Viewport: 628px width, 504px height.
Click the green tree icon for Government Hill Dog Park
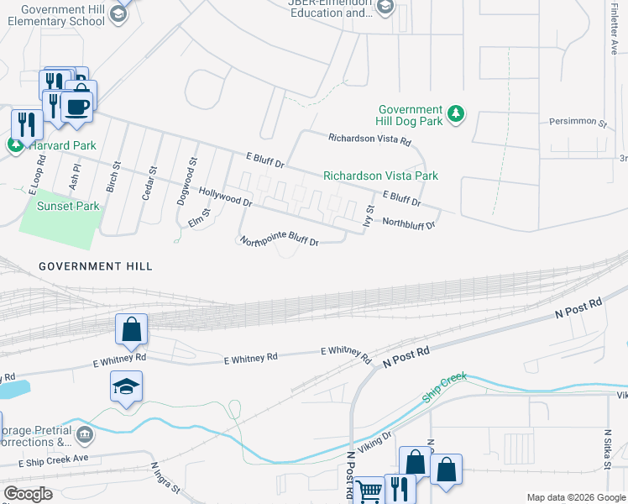pos(456,113)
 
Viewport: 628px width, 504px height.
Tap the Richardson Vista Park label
pos(380,176)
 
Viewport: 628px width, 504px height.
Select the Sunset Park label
pos(67,206)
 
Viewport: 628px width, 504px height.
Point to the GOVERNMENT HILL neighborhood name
pos(96,266)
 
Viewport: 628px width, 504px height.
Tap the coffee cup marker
pos(78,107)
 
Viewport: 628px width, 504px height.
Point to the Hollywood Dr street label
pos(225,197)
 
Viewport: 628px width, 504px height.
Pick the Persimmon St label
pos(578,123)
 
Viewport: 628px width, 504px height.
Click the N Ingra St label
pos(166,478)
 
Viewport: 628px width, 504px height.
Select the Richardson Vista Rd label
pos(369,140)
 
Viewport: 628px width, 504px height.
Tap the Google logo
pos(28,494)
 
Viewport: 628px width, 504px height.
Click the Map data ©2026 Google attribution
pos(575,497)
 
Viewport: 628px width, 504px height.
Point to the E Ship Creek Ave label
pos(54,461)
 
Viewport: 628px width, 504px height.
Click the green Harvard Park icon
pos(16,144)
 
